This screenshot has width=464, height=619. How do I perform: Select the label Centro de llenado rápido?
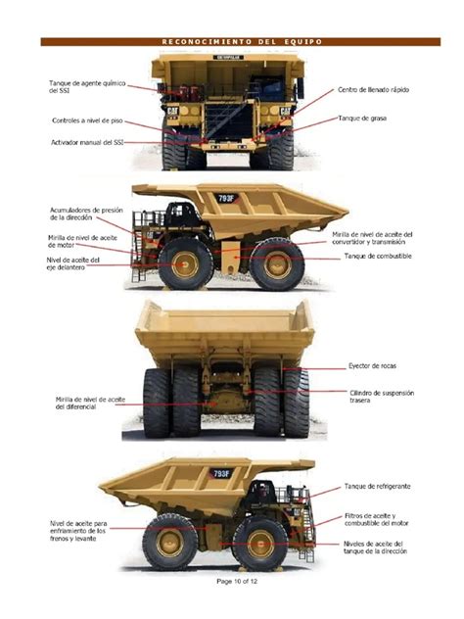(x=373, y=90)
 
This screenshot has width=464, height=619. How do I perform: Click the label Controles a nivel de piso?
(x=87, y=120)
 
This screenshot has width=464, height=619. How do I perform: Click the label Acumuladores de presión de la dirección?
(x=85, y=214)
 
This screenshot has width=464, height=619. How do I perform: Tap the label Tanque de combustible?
(x=377, y=256)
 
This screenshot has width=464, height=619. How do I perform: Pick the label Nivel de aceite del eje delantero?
(x=73, y=262)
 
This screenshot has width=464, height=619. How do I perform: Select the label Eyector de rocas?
(x=372, y=366)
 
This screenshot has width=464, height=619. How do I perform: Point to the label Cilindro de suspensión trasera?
(x=382, y=397)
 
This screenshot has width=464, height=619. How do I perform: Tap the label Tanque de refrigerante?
(x=378, y=485)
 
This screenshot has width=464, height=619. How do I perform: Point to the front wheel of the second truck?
(x=185, y=263)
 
